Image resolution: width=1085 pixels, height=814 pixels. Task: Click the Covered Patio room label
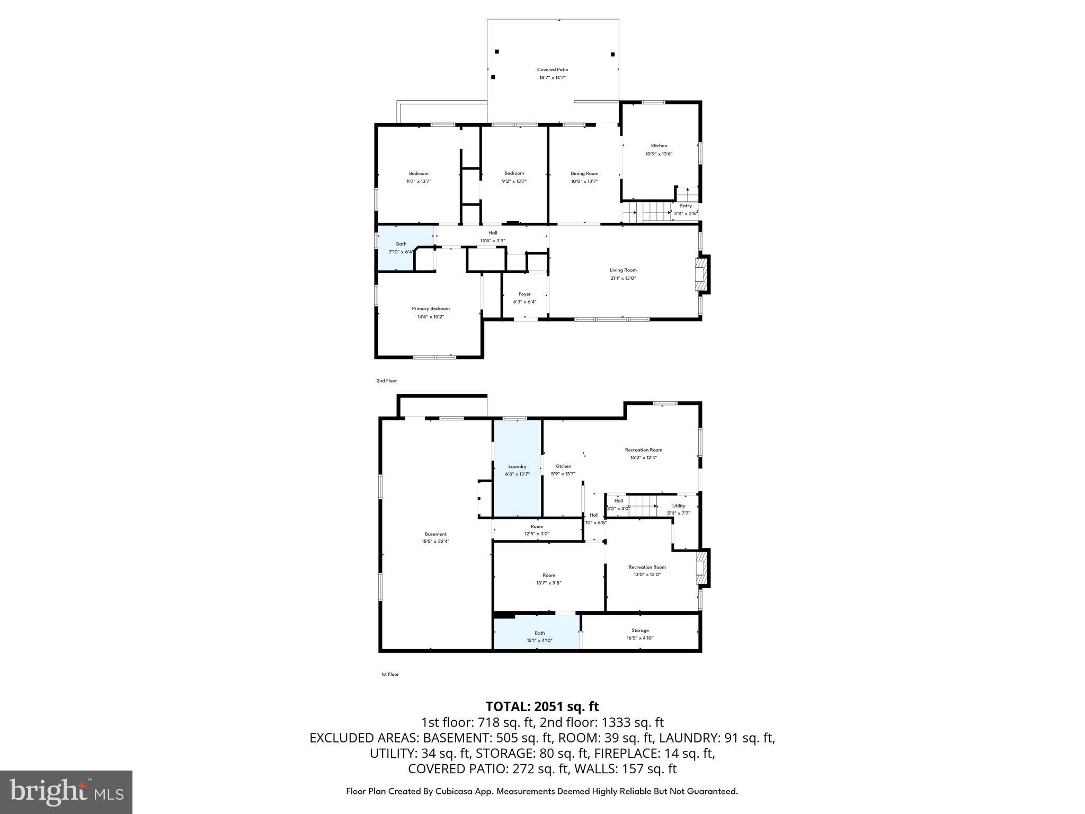[552, 69]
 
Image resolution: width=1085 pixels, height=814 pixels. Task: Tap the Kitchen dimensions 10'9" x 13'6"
[659, 154]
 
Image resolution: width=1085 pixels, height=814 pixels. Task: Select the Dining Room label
[584, 173]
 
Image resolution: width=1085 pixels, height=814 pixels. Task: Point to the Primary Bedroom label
[431, 309]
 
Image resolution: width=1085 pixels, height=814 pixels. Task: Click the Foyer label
[524, 294]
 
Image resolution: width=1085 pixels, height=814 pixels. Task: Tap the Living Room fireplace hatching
[701, 275]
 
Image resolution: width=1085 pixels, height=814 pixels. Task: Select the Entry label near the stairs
[686, 206]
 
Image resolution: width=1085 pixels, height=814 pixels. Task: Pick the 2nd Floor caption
[386, 381]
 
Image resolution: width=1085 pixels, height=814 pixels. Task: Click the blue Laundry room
[517, 470]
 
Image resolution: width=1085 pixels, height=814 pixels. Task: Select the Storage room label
[640, 631]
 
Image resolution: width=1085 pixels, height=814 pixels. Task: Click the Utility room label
[679, 506]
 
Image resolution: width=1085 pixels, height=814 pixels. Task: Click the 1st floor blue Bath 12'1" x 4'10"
[539, 636]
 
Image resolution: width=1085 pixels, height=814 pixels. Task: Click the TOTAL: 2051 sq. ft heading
[542, 706]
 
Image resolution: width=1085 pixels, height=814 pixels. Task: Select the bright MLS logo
[66, 792]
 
